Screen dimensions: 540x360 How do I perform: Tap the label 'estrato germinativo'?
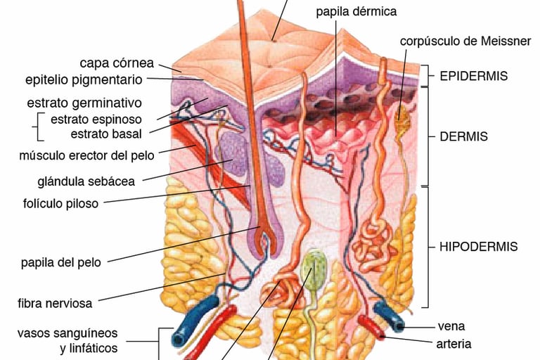tap(84, 103)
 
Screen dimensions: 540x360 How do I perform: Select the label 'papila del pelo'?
tap(60, 262)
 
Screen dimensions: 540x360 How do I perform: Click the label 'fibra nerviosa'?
tap(56, 303)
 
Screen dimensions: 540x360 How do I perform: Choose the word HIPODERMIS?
tap(478, 247)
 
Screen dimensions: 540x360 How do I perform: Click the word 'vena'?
tap(451, 326)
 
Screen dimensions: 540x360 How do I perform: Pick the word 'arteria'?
tap(454, 344)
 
